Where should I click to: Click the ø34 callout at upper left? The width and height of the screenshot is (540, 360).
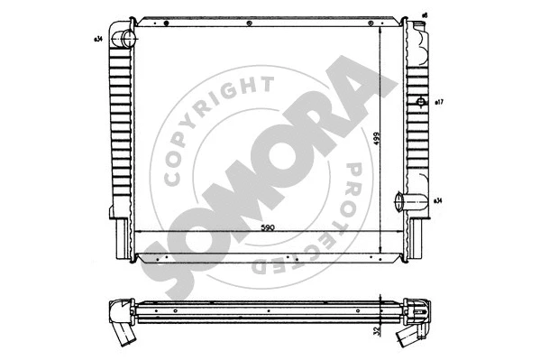click(x=96, y=39)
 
